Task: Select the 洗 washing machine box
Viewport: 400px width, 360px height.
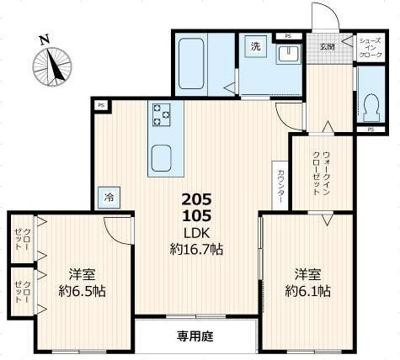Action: pos(255,48)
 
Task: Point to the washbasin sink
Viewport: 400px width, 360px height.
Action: pos(288,54)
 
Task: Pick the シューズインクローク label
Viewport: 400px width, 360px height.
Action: pos(371,47)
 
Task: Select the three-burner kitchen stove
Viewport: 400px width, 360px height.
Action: pos(161,114)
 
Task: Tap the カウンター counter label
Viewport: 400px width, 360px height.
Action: pos(280,186)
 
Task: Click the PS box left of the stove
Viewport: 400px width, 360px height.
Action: pos(102,105)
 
